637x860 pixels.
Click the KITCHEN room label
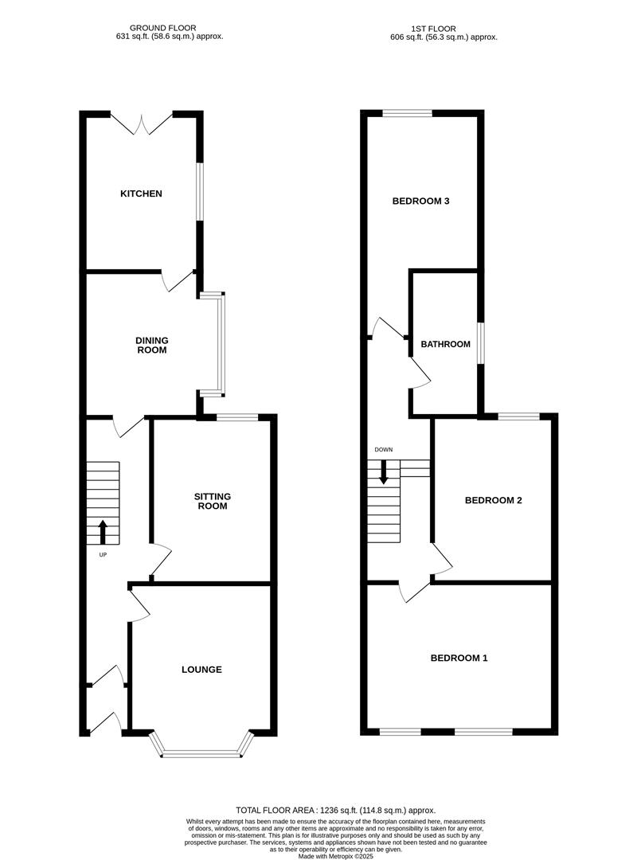point(141,193)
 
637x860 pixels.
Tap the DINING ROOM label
point(151,345)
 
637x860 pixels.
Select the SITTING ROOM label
point(212,501)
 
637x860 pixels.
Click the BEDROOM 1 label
point(459,658)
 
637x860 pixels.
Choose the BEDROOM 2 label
point(493,500)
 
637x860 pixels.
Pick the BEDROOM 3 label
point(421,201)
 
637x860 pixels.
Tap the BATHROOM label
point(445,344)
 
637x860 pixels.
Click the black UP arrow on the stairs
point(102,530)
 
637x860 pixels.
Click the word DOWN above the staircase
point(384,450)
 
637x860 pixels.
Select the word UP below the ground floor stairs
point(102,555)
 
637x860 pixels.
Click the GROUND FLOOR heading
point(166,28)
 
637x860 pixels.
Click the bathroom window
point(480,343)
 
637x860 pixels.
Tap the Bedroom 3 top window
point(407,113)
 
